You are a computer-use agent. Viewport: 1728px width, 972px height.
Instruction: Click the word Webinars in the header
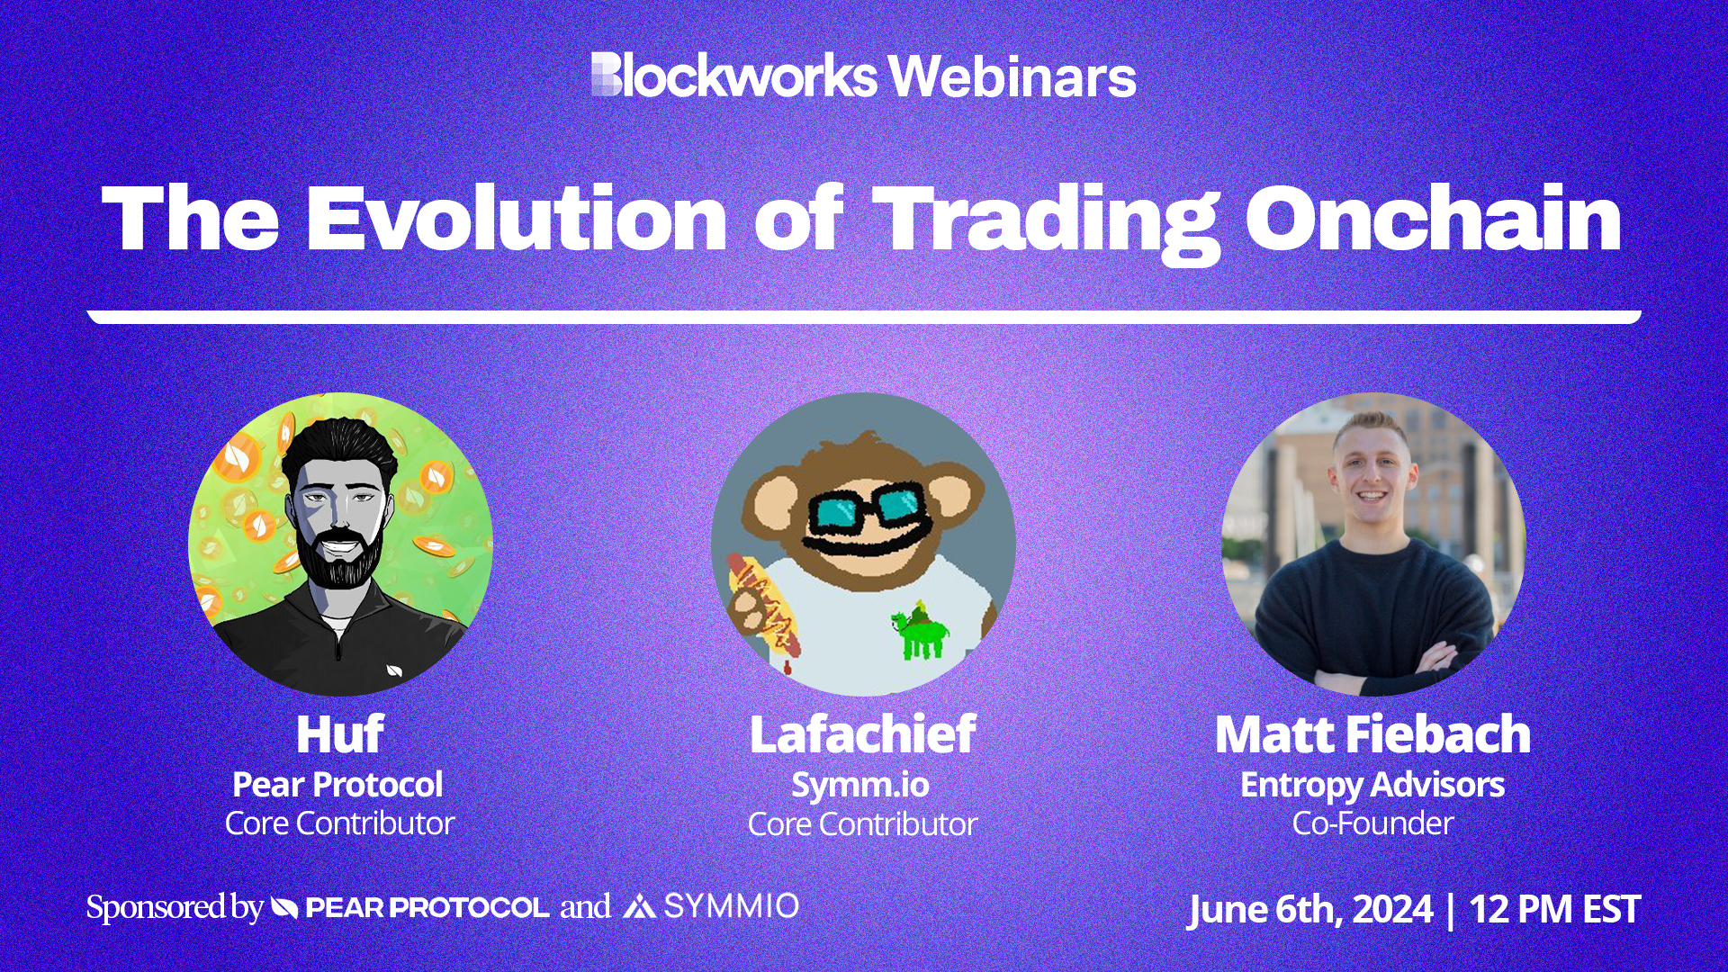pos(1012,76)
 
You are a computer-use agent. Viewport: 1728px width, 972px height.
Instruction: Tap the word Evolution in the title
pos(516,219)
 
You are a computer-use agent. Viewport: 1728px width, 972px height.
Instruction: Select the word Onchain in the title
pos(1433,219)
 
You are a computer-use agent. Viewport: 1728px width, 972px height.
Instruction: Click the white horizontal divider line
pos(864,317)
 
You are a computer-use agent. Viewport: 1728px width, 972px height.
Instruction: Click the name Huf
pos(339,734)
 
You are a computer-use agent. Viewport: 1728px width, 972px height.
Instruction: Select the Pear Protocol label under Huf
pos(337,785)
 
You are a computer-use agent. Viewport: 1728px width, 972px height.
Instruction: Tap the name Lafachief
pos(862,734)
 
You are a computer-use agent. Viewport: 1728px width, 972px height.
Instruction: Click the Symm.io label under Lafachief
pos(860,785)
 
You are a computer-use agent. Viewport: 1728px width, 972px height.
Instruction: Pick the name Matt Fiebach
pos(1372,734)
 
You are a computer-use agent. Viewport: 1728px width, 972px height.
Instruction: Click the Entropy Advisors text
pos(1372,785)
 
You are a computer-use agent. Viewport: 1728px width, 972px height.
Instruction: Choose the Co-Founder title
pos(1372,823)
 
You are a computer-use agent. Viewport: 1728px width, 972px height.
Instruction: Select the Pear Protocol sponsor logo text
pos(427,907)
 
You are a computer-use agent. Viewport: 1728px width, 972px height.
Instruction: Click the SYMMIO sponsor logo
pos(711,906)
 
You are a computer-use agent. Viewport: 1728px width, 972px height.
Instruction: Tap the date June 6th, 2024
pos(1309,909)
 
